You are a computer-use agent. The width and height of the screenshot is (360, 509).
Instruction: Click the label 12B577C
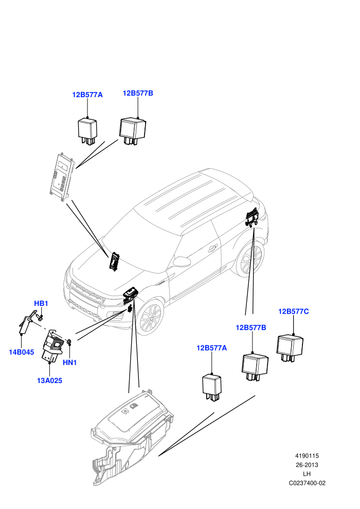(293, 311)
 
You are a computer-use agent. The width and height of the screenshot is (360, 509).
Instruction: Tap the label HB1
(41, 303)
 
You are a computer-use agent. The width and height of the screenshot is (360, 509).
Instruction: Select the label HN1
(69, 362)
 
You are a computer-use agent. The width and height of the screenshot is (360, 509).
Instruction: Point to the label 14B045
(21, 352)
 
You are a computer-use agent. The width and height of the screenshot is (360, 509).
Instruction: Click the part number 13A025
(49, 380)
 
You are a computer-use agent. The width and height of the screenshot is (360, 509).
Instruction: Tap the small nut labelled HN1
(69, 341)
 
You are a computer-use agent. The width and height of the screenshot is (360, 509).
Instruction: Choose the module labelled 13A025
(53, 346)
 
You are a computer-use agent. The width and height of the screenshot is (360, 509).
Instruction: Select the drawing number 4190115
(307, 456)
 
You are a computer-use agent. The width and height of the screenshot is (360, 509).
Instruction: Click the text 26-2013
(307, 465)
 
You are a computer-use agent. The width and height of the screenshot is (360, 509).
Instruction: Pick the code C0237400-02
(307, 483)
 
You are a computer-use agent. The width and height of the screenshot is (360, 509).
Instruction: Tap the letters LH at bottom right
(307, 474)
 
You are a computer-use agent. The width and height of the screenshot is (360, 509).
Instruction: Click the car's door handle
(213, 248)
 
